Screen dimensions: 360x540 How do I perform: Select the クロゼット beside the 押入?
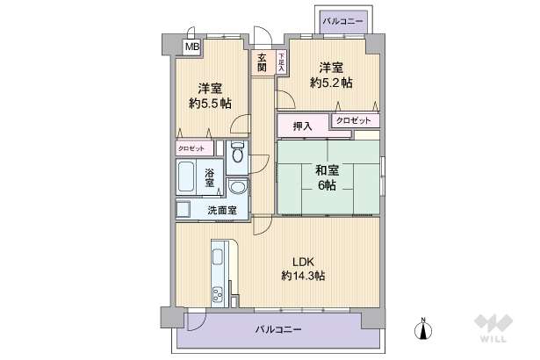356,120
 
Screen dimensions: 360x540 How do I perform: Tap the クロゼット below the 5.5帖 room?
195,148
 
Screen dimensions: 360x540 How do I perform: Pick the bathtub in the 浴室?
187,178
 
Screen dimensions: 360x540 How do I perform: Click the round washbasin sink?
236,188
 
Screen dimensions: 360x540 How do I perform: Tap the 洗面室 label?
220,211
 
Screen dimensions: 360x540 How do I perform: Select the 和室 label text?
329,170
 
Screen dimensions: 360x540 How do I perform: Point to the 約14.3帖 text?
304,276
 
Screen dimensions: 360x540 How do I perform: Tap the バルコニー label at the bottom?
278,329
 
